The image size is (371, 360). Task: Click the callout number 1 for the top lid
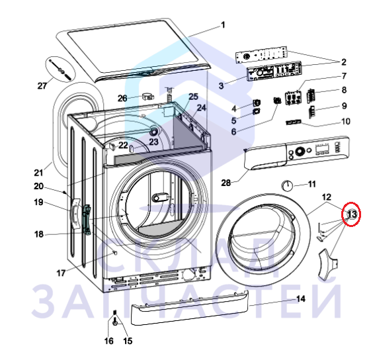coord(223,25)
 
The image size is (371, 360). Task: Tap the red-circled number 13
coord(352,214)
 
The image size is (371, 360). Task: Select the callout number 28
coord(226,183)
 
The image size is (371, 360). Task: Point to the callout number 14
coord(301,299)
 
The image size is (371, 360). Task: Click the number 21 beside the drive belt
coord(38,173)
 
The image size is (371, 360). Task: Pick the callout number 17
coord(61,273)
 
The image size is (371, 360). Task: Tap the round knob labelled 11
coord(287,185)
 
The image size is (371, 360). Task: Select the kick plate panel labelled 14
coord(190,308)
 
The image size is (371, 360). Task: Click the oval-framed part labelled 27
coord(60,69)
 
